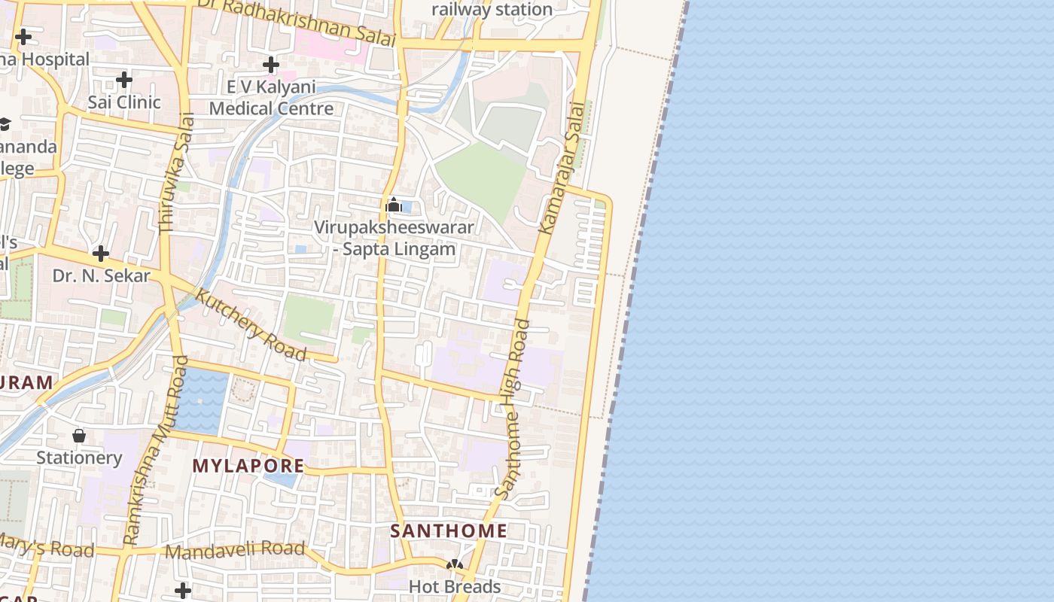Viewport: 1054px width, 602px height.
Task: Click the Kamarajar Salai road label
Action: click(562, 168)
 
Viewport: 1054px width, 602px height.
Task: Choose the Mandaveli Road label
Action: click(235, 550)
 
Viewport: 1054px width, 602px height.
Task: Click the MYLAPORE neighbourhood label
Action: click(248, 466)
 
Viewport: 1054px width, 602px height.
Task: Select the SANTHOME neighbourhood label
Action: click(449, 531)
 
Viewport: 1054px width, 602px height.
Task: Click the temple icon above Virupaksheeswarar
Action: click(393, 205)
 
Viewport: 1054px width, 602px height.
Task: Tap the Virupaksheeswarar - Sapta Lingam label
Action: click(394, 238)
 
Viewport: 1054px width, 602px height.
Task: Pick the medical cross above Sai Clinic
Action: click(124, 79)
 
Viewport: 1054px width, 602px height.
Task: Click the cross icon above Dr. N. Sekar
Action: click(101, 254)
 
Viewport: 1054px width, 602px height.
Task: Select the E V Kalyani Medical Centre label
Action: click(271, 98)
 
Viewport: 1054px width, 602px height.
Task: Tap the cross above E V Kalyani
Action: click(271, 65)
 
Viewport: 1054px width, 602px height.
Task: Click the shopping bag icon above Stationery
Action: click(79, 436)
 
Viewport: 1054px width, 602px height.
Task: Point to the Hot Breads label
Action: click(454, 586)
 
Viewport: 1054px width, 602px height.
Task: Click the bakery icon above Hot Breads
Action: click(454, 564)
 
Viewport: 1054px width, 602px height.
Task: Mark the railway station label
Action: click(492, 9)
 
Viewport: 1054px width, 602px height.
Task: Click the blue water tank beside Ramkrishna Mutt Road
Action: click(202, 399)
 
